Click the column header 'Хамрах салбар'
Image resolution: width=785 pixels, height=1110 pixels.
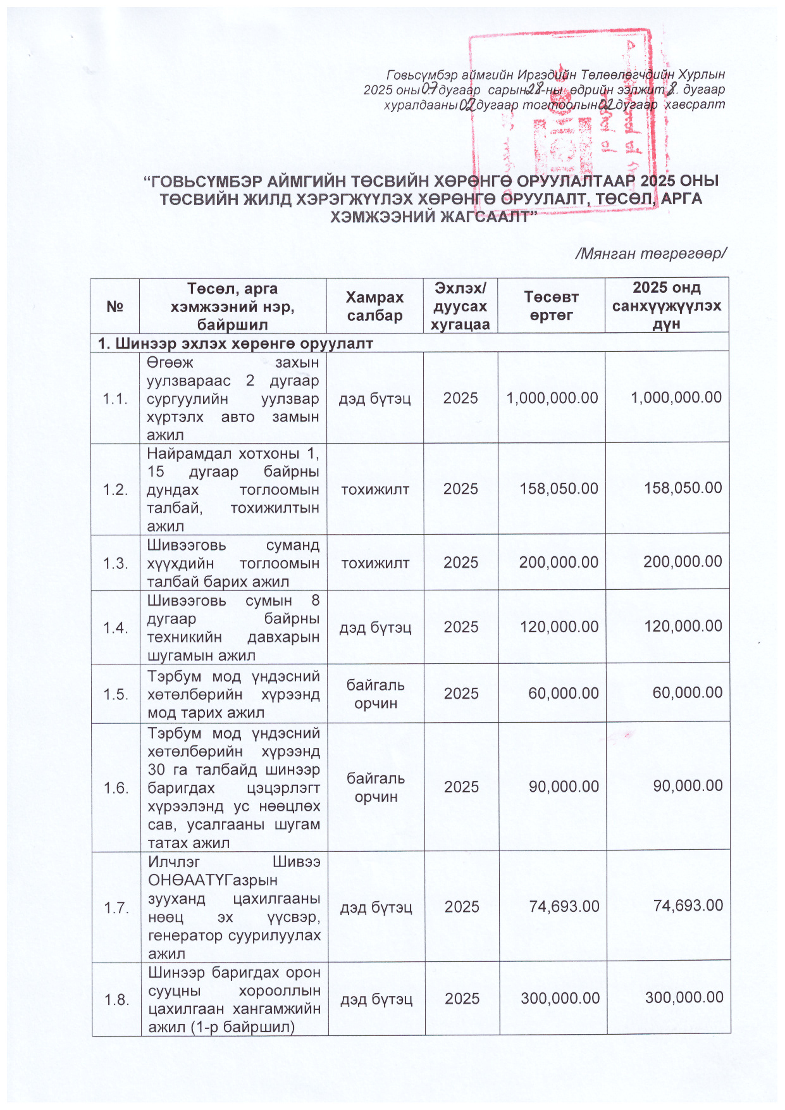[374, 306]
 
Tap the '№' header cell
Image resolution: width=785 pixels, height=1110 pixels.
[114, 307]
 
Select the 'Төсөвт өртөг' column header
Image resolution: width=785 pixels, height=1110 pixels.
[551, 306]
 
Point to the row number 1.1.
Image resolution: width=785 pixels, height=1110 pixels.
[115, 399]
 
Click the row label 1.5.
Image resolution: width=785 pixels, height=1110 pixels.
[116, 694]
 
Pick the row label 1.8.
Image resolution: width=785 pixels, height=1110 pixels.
[117, 999]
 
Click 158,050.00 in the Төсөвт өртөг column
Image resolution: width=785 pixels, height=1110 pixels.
[559, 489]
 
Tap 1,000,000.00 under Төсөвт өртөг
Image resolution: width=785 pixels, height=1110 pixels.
[552, 398]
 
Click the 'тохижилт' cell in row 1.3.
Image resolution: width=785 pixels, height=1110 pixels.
[375, 563]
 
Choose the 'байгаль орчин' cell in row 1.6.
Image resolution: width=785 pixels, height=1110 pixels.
[376, 787]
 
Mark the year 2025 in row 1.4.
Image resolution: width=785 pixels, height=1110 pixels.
[461, 627]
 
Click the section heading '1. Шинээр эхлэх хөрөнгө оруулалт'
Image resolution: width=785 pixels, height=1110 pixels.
[235, 344]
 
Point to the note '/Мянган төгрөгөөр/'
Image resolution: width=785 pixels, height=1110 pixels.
[650, 254]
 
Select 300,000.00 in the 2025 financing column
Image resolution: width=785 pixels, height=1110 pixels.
[684, 998]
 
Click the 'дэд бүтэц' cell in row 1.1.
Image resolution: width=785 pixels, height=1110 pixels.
[375, 399]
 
